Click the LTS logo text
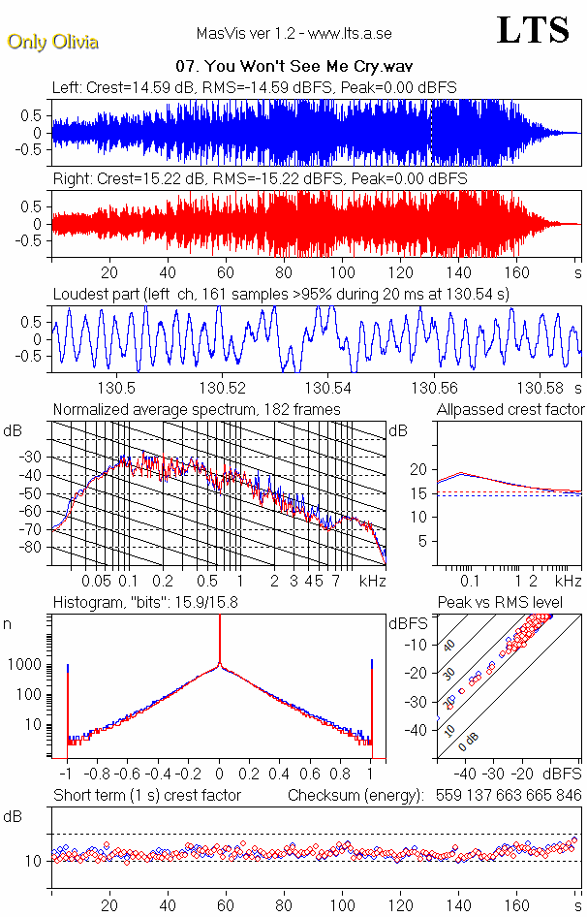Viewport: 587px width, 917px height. [533, 31]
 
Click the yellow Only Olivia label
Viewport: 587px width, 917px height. [52, 42]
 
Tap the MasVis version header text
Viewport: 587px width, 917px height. [293, 34]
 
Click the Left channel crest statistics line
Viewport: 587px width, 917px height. [254, 87]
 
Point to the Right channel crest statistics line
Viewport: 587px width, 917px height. [260, 179]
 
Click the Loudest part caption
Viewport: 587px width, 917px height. [281, 294]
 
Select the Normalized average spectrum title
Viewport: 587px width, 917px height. [197, 410]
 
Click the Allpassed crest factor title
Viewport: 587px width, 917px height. [510, 410]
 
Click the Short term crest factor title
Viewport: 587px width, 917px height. [146, 796]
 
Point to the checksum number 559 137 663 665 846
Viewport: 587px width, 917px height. [505, 796]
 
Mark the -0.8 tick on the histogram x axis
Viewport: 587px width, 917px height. [98, 775]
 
